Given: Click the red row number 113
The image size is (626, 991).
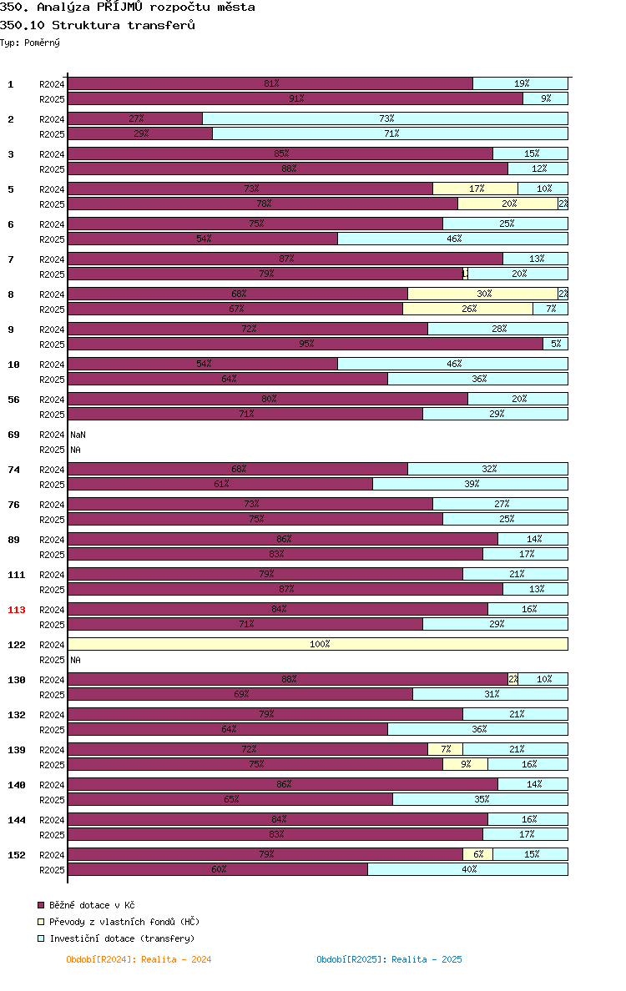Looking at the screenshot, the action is (x=17, y=610).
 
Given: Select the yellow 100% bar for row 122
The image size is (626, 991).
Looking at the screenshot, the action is (x=318, y=644).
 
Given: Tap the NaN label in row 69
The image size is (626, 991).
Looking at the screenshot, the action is (x=78, y=435).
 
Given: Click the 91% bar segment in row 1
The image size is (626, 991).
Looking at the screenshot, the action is (x=295, y=98).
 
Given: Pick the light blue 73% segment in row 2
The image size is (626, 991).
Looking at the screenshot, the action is (x=385, y=118).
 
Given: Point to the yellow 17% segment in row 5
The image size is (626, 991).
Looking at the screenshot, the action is (x=476, y=189).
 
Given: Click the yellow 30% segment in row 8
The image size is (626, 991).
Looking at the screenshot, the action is (x=483, y=294).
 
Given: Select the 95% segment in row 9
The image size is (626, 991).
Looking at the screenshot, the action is (x=305, y=344).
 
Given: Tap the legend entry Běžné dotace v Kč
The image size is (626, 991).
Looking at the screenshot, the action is (x=86, y=905).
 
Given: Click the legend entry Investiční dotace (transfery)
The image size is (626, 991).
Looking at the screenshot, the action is (x=116, y=938).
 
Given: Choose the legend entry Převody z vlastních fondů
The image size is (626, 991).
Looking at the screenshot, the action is (x=119, y=922).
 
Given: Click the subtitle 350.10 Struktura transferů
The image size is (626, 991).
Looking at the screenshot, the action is (x=98, y=25).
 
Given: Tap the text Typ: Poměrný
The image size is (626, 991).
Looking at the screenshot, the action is (x=30, y=43).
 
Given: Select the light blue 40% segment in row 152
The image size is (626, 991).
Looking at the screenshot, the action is (x=468, y=869).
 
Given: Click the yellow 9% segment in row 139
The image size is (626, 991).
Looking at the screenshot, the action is (x=466, y=764).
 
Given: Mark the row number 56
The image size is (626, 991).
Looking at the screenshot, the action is (x=13, y=400).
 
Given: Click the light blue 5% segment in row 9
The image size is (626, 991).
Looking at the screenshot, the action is (x=555, y=344).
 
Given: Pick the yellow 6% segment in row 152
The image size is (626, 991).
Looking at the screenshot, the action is (x=478, y=854).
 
